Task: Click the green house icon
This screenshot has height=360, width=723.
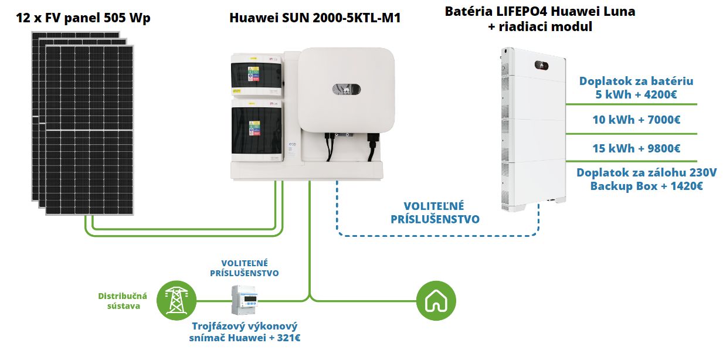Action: tap(436, 301)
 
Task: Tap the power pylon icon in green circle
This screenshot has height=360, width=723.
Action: tap(176, 301)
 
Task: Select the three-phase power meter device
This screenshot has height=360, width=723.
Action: tap(245, 300)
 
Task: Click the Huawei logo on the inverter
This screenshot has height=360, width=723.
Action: tap(347, 90)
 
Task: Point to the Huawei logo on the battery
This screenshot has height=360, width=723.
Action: tap(541, 66)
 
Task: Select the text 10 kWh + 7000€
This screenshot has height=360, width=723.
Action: tap(636, 120)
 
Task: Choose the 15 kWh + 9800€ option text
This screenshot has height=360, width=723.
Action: tap(636, 148)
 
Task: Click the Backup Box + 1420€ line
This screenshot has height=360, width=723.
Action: tap(647, 186)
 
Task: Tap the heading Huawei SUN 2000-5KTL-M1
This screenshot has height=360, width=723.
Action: tap(315, 18)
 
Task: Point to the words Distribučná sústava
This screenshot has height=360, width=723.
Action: tap(123, 301)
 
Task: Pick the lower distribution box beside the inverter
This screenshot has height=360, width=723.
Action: tap(257, 130)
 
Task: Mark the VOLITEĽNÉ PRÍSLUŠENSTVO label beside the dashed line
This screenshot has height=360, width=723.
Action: tap(435, 212)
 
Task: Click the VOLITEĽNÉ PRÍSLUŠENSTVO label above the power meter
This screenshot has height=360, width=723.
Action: tap(245, 268)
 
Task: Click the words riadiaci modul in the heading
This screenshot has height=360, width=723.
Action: tap(545, 26)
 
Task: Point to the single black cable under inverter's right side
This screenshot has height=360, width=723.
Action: tap(372, 147)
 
